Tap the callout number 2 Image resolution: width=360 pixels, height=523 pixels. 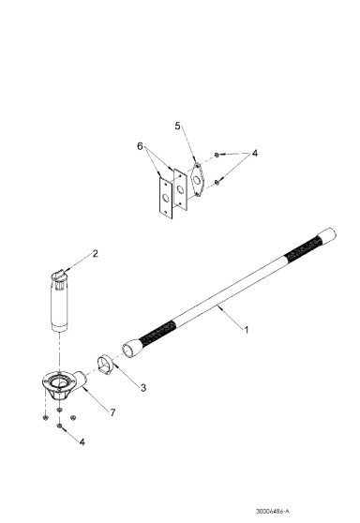tap(94, 253)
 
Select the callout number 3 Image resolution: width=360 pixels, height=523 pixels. tap(142, 386)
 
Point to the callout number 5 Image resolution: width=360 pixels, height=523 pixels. tap(176, 126)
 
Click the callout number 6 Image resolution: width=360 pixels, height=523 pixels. tap(142, 146)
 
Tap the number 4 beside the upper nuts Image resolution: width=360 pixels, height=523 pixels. tap(255, 153)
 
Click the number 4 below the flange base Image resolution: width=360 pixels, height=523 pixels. tap(82, 441)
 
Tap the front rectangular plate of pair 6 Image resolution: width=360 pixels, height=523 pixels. tap(165, 199)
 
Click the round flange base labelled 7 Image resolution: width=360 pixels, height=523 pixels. tap(63, 386)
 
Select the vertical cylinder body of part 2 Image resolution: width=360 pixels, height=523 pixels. tap(61, 306)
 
